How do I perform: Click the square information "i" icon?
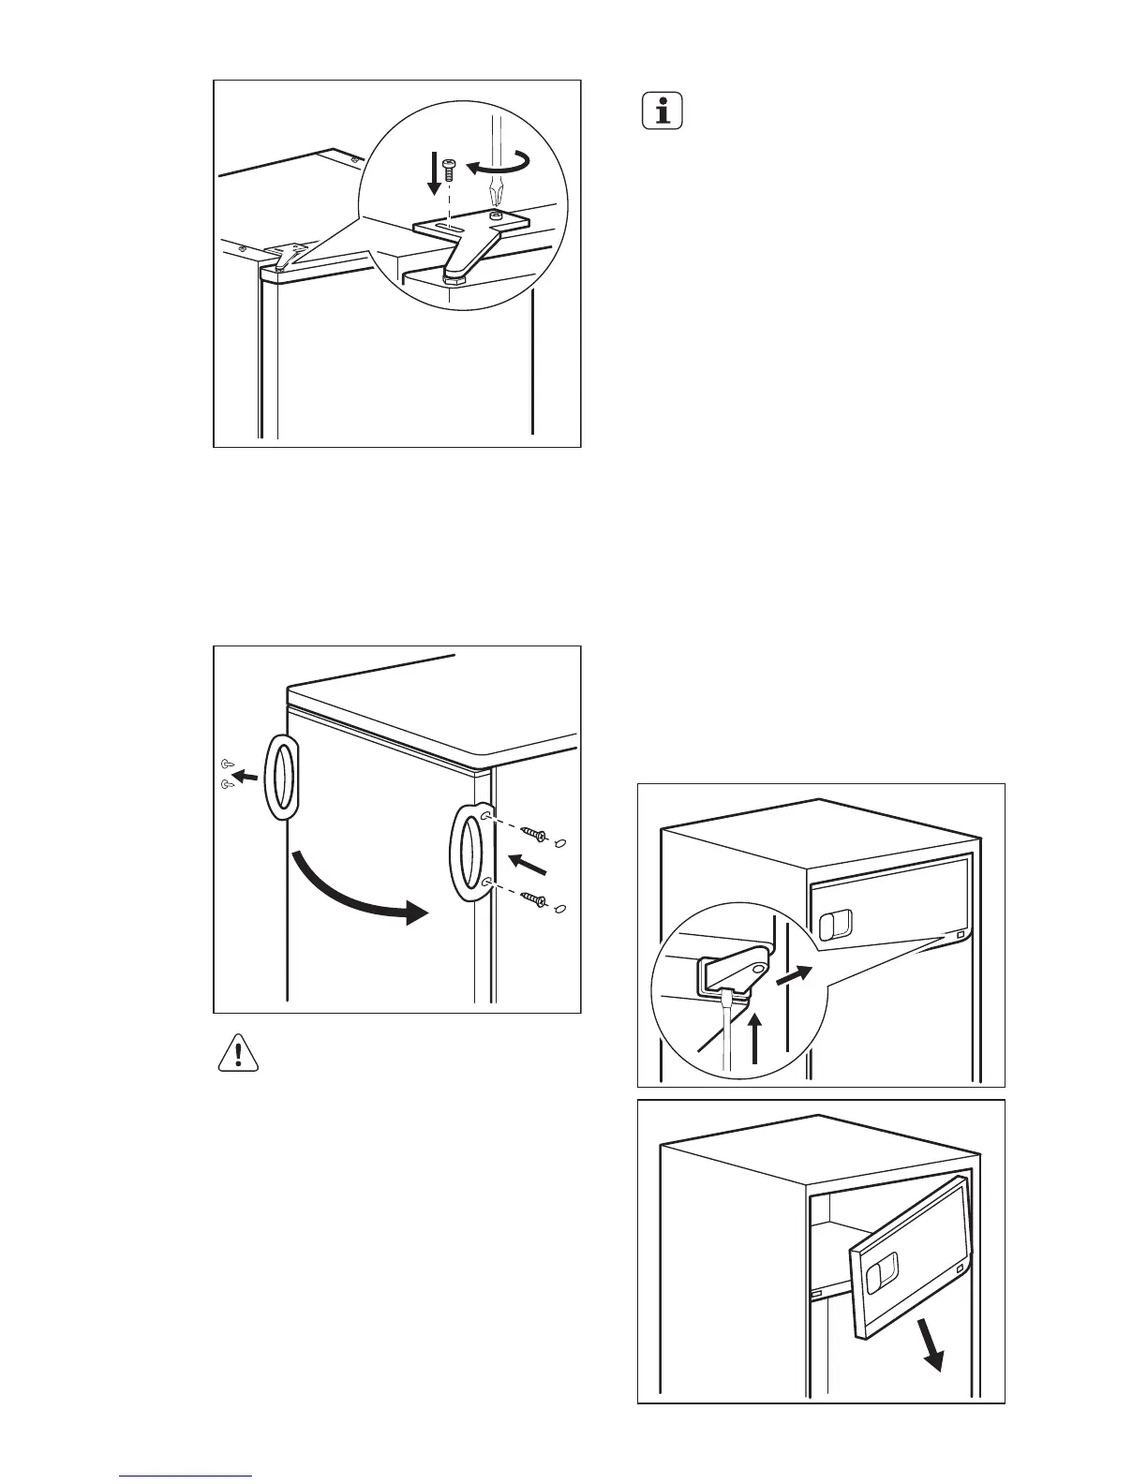[x=663, y=111]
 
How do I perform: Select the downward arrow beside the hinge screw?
[x=433, y=175]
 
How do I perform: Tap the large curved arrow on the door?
[x=356, y=895]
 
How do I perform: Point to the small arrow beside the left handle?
[x=247, y=775]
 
